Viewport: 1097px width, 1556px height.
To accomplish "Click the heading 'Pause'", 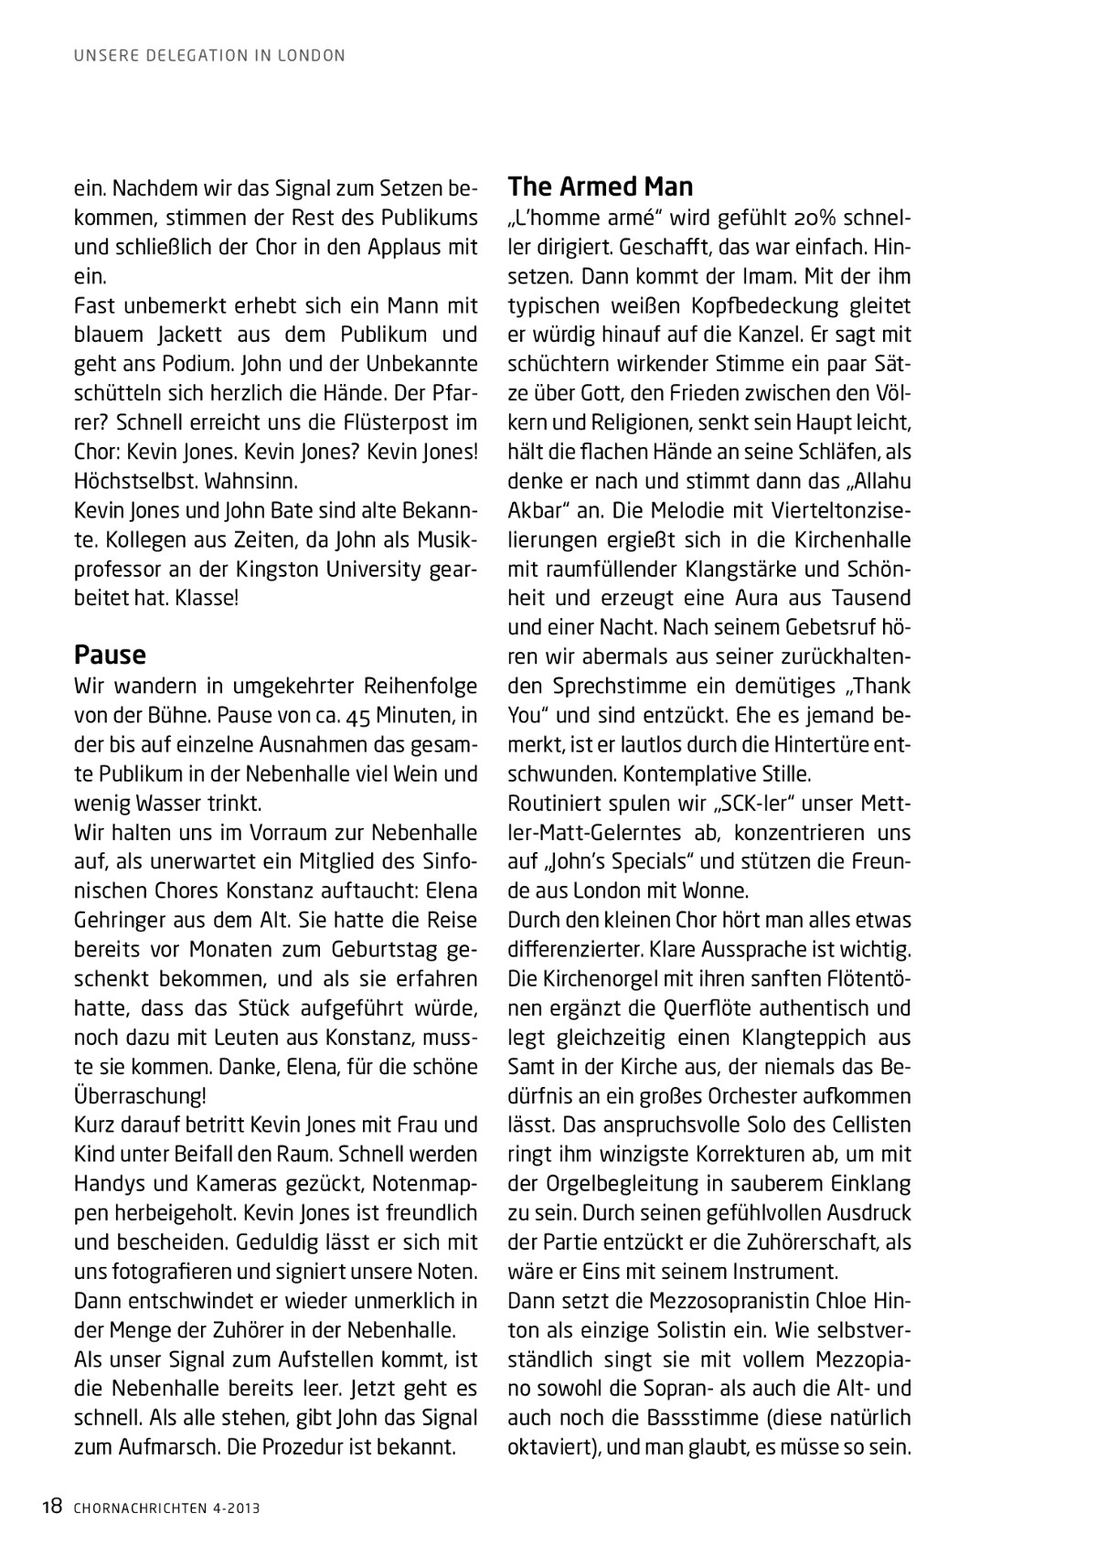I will point(110,655).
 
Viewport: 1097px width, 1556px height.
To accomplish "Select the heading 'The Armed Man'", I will point(600,187).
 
